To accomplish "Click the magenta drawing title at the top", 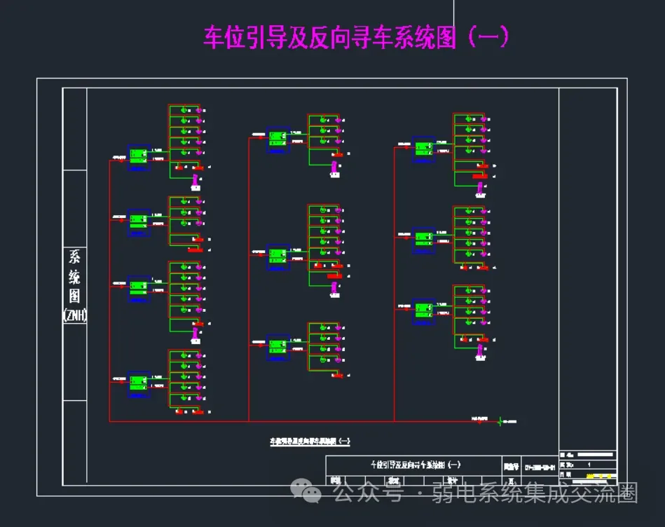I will click(355, 37).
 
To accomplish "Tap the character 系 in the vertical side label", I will click(75, 256).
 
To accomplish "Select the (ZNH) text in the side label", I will click(75, 315).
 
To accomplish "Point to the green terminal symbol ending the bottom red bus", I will click(500, 421).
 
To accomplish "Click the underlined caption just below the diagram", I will click(310, 442).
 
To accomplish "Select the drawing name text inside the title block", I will click(415, 465).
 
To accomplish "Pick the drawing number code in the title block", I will click(540, 467).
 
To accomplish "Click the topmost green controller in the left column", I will click(138, 155).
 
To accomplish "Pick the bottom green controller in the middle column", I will click(277, 347).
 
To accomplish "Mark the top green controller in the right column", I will click(423, 149).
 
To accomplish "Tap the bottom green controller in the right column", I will click(423, 309).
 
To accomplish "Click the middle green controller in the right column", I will click(423, 238).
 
